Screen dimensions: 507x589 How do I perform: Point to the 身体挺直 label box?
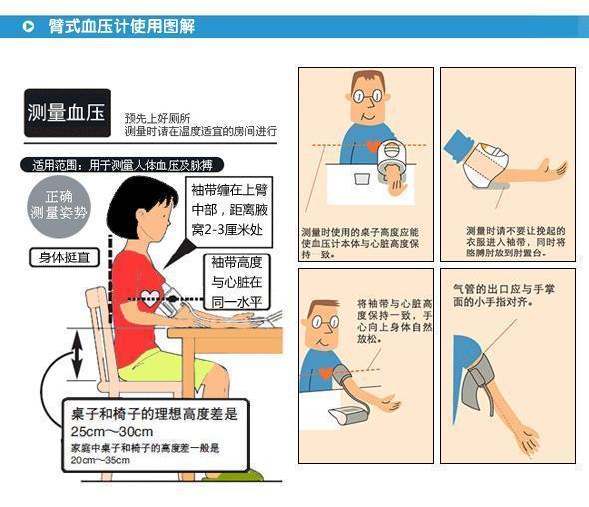63,257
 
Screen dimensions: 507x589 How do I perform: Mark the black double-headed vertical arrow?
78,356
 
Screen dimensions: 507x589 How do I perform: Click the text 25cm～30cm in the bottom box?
112,432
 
